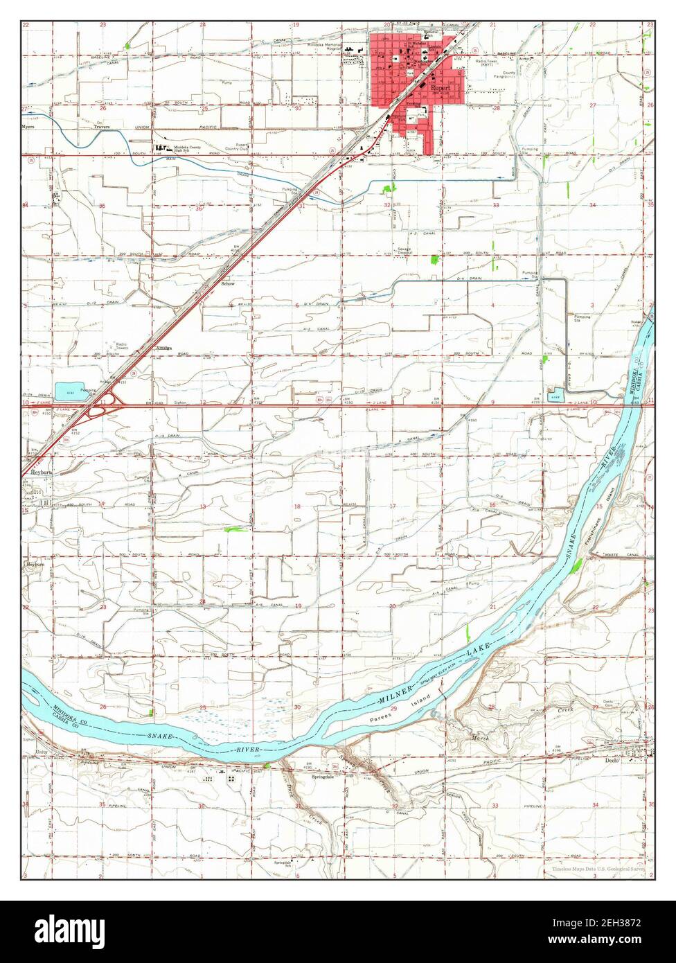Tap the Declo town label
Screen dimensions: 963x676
click(x=610, y=760)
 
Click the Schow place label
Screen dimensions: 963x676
click(x=227, y=284)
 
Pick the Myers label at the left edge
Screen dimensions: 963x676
click(x=28, y=127)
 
